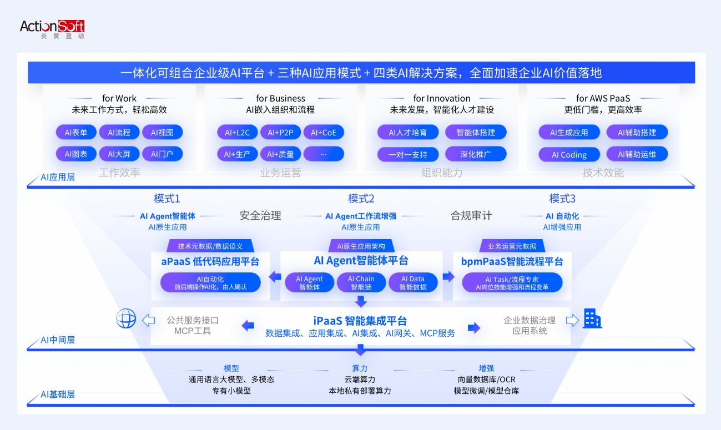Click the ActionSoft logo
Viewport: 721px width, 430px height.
click(x=52, y=29)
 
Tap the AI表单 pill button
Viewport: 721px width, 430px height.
click(x=76, y=132)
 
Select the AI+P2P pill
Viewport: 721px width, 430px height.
click(x=280, y=132)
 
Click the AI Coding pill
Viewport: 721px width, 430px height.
click(x=569, y=155)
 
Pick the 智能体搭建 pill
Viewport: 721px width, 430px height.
click(x=476, y=132)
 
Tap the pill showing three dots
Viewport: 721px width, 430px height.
click(x=324, y=154)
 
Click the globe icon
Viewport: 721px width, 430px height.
click(x=126, y=318)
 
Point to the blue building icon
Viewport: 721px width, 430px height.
click(x=592, y=318)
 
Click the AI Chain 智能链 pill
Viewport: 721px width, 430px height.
click(x=361, y=282)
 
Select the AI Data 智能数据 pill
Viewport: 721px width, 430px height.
click(x=413, y=282)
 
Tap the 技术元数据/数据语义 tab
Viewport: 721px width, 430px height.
click(x=210, y=246)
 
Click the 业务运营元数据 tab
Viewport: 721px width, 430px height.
click(x=512, y=246)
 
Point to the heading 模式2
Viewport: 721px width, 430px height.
click(x=361, y=199)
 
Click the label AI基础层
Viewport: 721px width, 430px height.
click(x=58, y=394)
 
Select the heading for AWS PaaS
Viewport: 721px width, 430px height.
click(x=603, y=98)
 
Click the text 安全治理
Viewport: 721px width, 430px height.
click(x=260, y=215)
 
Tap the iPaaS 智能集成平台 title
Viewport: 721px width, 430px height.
click(x=360, y=321)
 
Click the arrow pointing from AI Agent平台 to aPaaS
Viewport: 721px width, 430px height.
click(x=275, y=276)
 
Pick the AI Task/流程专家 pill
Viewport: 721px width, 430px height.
click(x=512, y=282)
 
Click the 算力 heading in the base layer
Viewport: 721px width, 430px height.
click(x=360, y=368)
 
